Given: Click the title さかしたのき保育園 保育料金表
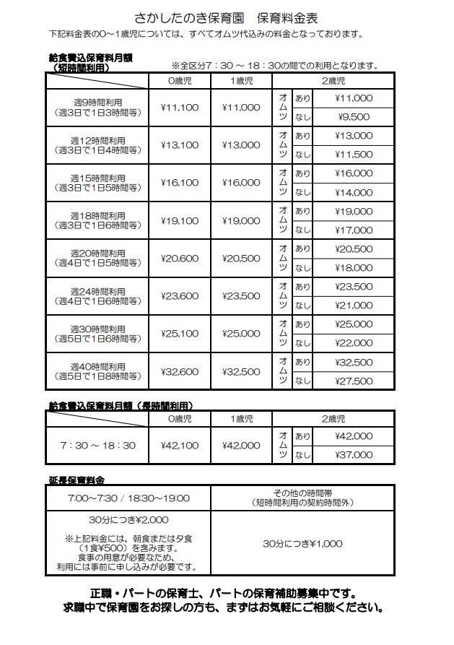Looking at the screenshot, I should click(x=227, y=16).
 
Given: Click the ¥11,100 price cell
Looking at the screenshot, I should click(x=180, y=108).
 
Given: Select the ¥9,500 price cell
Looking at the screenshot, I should click(x=354, y=117).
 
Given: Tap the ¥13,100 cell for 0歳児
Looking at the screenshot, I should click(x=180, y=145).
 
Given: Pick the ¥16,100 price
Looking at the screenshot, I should click(x=180, y=183).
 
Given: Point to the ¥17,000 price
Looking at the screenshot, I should click(x=354, y=230).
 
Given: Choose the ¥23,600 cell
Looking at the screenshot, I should click(x=180, y=296).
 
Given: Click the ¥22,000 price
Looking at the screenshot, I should click(x=354, y=343).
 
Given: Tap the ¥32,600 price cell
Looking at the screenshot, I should click(x=180, y=372).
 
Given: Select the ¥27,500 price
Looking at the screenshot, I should click(x=354, y=381).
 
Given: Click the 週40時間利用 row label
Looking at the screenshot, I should click(x=98, y=367).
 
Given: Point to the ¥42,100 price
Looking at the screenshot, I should click(x=180, y=446).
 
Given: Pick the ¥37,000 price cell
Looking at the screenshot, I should click(x=354, y=455).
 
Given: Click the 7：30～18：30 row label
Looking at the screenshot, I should click(x=98, y=446).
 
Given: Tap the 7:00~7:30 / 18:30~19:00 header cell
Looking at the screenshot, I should click(x=128, y=498).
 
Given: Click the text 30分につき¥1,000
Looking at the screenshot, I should click(x=302, y=543).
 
